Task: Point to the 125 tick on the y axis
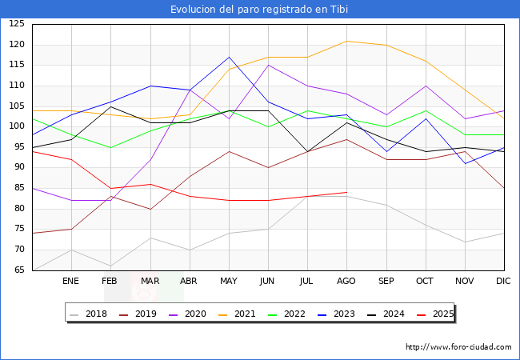click(17, 24)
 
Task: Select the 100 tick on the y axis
click(17, 126)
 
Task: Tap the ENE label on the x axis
click(71, 282)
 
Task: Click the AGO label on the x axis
click(346, 282)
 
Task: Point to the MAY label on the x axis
click(229, 282)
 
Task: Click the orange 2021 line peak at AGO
click(346, 41)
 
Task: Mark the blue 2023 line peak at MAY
click(229, 57)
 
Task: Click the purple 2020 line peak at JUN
click(268, 65)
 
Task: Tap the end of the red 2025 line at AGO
click(346, 192)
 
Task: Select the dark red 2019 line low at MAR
click(150, 209)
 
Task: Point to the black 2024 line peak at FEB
click(110, 106)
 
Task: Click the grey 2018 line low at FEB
click(110, 266)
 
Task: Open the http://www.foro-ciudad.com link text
click(458, 347)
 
